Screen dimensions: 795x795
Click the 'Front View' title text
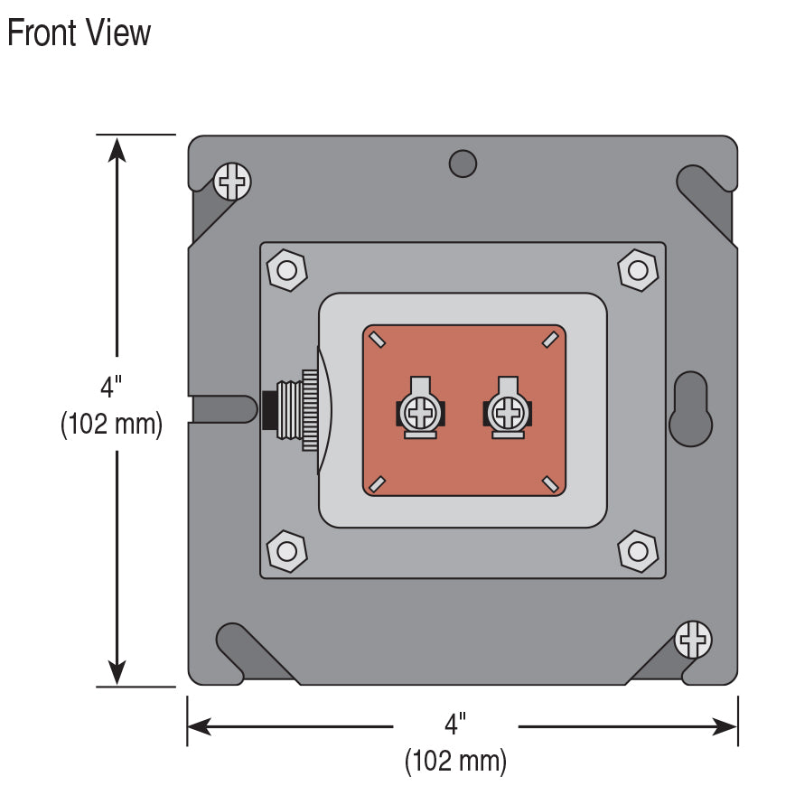79,33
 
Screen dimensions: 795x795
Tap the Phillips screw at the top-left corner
233,182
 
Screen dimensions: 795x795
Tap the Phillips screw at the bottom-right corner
694,641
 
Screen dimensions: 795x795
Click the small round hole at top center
463,164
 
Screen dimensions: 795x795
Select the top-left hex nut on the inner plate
287,269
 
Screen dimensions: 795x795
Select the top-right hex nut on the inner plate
638,269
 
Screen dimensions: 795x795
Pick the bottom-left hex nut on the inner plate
287,550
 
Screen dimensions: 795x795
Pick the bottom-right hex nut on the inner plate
638,550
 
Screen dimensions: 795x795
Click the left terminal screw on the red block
420,414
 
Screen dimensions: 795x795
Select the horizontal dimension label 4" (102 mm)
455,742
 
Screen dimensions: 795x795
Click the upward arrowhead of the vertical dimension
117,147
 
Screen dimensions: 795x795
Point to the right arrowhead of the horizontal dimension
726,726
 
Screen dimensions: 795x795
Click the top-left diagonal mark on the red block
378,340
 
